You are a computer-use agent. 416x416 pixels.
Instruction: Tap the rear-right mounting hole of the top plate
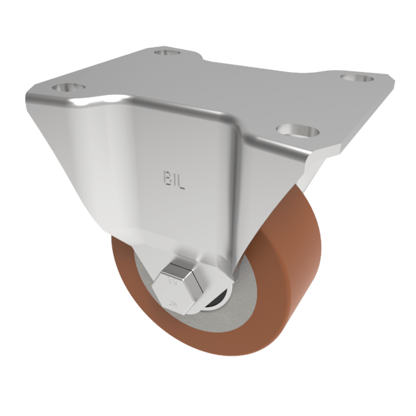click(350, 78)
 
